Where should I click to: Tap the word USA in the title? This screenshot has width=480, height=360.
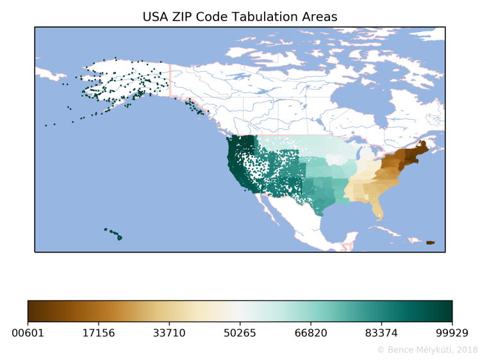156,17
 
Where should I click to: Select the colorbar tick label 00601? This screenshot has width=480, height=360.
28,333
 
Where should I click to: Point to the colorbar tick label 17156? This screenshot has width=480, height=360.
99,333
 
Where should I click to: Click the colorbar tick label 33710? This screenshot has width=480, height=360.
169,333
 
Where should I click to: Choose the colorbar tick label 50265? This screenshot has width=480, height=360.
240,333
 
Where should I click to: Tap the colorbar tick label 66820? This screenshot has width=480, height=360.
311,333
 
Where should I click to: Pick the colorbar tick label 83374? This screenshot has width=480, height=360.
381,333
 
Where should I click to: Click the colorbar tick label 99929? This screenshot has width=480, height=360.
452,333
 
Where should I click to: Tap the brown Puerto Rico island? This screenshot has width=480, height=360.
430,242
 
